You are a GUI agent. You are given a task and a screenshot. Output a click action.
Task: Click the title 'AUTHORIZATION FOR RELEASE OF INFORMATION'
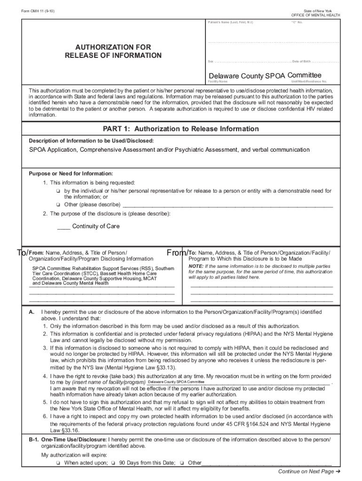click(113, 52)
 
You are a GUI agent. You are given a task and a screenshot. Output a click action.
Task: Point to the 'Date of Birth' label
click(301, 62)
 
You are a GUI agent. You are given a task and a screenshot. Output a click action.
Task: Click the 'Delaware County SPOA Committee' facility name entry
click(265, 76)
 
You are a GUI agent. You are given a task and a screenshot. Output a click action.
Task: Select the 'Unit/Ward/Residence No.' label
click(309, 82)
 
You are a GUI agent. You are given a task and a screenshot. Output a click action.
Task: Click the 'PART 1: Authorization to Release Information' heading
click(181, 129)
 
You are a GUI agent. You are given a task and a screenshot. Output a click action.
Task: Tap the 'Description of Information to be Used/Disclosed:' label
click(91, 140)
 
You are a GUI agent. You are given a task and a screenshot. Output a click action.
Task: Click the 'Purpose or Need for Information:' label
click(71, 173)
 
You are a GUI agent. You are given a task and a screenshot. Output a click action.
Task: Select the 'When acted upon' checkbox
click(57, 463)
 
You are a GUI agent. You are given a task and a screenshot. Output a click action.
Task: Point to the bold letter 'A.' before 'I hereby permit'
click(31, 312)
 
